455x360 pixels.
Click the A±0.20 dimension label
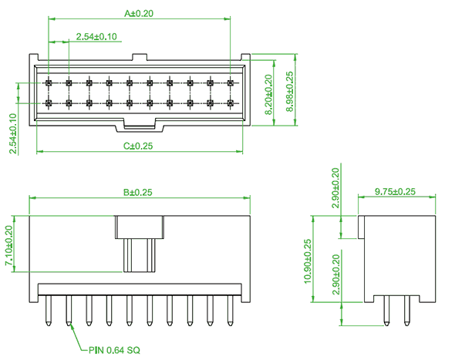pyautogui.click(x=139, y=14)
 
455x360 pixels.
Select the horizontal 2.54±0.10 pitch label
pyautogui.click(x=96, y=36)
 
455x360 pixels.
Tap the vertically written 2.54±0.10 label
pyautogui.click(x=13, y=133)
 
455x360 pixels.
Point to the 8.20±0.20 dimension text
pyautogui.click(x=269, y=95)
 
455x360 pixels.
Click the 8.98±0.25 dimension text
pyautogui.click(x=290, y=92)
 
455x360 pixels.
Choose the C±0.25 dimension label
pyautogui.click(x=138, y=146)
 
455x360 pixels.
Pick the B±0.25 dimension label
pyautogui.click(x=138, y=192)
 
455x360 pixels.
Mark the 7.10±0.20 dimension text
pyautogui.click(x=8, y=245)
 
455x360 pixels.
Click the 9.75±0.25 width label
pyautogui.click(x=395, y=191)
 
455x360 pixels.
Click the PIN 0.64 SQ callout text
pyautogui.click(x=114, y=350)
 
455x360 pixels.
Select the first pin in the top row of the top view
pyautogui.click(x=49, y=83)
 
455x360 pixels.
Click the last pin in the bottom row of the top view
pyautogui.click(x=231, y=103)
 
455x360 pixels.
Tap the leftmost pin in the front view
pyautogui.click(x=49, y=311)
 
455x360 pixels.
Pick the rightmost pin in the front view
pyautogui.click(x=230, y=311)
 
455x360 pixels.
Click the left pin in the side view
pyautogui.click(x=386, y=311)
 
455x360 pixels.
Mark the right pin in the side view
pyautogui.click(x=406, y=311)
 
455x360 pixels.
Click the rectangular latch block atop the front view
pyautogui.click(x=140, y=227)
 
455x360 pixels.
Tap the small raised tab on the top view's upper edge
pyautogui.click(x=140, y=57)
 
